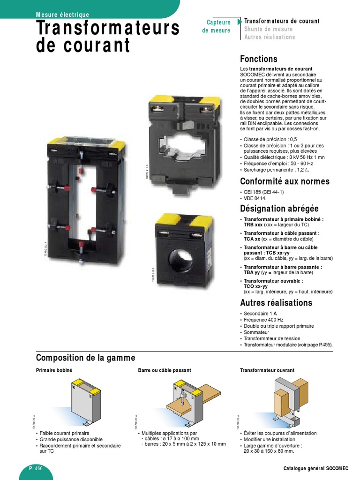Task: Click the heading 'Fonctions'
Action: (259, 59)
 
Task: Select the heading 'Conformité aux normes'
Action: (285, 181)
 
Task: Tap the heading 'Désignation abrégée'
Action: (279, 208)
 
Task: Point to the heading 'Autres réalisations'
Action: (276, 302)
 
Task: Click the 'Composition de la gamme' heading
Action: (85, 358)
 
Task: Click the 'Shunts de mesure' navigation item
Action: (268, 29)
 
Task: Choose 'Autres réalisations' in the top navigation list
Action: (270, 37)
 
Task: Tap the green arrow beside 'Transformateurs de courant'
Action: (240, 22)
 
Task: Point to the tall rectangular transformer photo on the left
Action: (80, 197)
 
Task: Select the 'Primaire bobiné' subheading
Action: (54, 370)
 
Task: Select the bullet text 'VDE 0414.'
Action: (255, 198)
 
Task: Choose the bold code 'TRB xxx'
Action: (252, 225)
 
